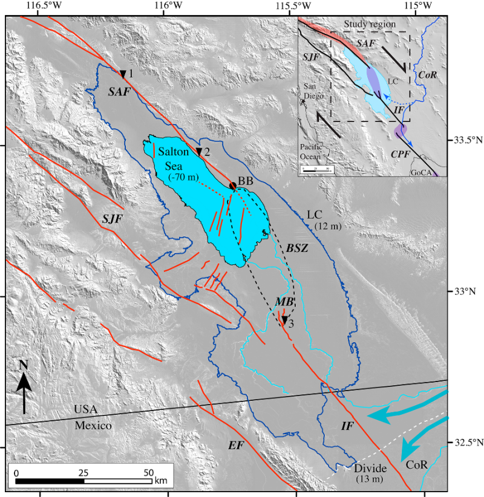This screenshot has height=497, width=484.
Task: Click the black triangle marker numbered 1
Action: pyautogui.click(x=123, y=74)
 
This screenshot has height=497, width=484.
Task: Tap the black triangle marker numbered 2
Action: pyautogui.click(x=198, y=151)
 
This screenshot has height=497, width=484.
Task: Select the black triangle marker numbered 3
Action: pyautogui.click(x=284, y=320)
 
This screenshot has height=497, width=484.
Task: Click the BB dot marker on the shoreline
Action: pyautogui.click(x=233, y=186)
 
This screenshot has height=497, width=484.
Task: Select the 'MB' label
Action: pyautogui.click(x=284, y=301)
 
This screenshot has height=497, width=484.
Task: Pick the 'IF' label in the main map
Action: pyautogui.click(x=347, y=426)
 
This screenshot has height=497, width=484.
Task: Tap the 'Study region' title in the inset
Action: pyautogui.click(x=364, y=24)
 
